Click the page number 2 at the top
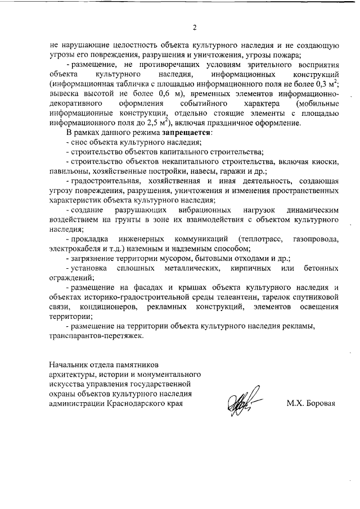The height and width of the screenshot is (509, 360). point(193,26)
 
